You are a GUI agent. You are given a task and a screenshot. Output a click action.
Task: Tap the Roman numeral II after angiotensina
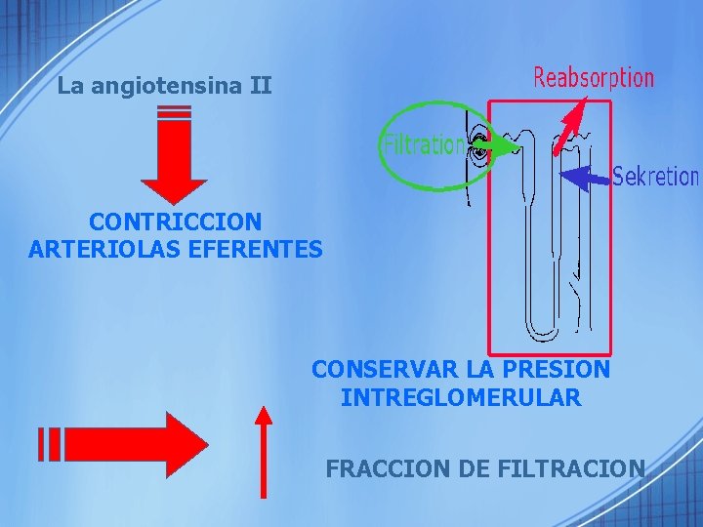pos(260,86)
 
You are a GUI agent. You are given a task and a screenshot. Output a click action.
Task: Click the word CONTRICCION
pos(175,223)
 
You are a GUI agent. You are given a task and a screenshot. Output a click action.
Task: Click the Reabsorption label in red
pos(593,77)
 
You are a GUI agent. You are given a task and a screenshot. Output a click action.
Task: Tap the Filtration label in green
pos(423,145)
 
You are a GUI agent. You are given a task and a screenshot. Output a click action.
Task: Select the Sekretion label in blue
pos(655,177)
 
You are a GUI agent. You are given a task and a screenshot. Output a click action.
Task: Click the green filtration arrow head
pos(509,148)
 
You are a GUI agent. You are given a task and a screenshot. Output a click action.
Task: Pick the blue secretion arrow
pos(585,177)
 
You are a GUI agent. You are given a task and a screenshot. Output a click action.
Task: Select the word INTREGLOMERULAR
pos(461,398)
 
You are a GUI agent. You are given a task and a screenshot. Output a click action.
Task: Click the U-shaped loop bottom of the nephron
pos(542,327)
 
